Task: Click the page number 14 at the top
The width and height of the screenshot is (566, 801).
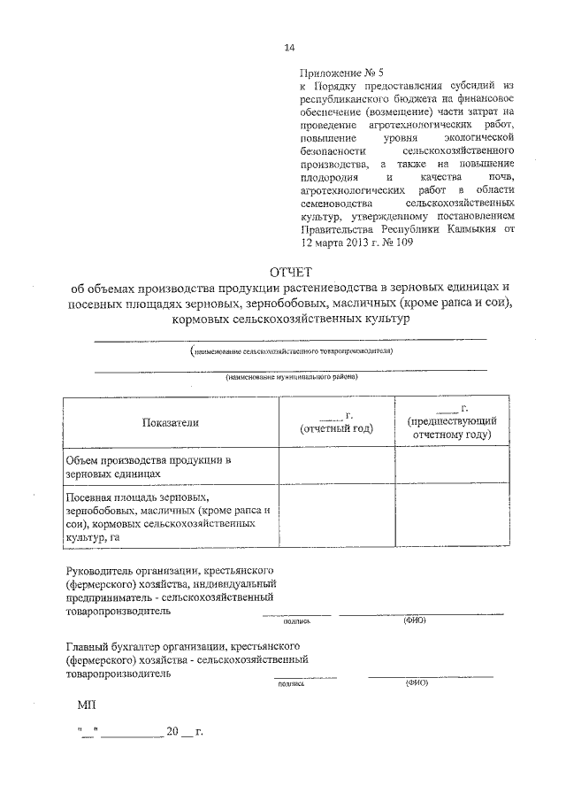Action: [288, 48]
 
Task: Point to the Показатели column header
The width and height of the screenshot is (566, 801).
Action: [171, 422]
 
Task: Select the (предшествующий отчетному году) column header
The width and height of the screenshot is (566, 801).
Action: [451, 427]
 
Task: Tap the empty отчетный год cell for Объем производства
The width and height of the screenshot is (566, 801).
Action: [337, 466]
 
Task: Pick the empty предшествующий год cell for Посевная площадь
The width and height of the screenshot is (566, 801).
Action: [451, 518]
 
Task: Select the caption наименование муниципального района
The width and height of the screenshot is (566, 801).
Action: [292, 377]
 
